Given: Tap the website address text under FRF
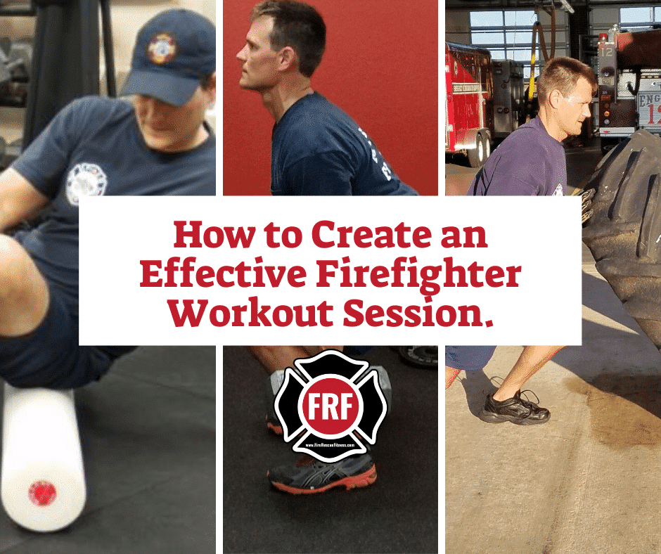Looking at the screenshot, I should click(330, 444).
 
